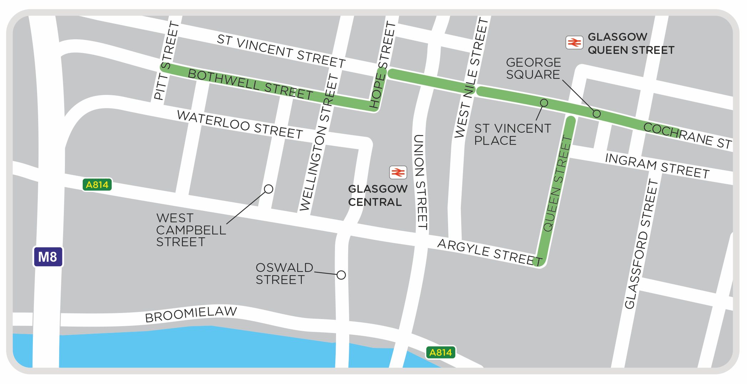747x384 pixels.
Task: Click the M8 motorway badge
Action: [48, 257]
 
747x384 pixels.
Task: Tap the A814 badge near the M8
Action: [97, 185]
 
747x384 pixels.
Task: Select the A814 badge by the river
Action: [441, 353]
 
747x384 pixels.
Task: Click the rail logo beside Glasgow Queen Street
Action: [574, 43]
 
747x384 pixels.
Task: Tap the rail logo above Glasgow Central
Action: [398, 173]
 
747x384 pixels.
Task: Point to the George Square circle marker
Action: [596, 114]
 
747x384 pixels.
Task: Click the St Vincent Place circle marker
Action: [544, 103]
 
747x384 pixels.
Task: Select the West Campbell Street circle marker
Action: [269, 189]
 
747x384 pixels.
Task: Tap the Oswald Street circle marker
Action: [341, 275]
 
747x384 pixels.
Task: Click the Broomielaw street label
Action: [191, 314]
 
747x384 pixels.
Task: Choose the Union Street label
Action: [420, 182]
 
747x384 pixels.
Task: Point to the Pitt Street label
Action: [166, 61]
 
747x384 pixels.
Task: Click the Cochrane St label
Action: [687, 136]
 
